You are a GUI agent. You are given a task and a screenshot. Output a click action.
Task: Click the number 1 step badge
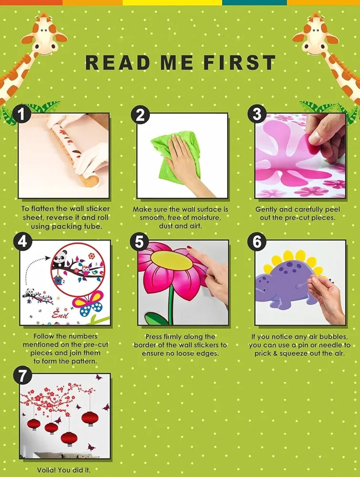21,114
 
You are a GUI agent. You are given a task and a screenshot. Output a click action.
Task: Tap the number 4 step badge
22,241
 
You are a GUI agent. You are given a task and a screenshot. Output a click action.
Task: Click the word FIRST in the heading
239,62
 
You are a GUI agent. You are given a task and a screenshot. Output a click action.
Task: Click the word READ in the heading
117,62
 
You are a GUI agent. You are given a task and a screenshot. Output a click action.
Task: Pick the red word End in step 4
60,314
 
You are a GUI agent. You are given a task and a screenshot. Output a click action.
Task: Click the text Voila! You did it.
64,470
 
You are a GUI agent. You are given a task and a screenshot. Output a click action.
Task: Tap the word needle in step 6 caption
333,345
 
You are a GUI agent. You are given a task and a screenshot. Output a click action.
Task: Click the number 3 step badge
257,114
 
